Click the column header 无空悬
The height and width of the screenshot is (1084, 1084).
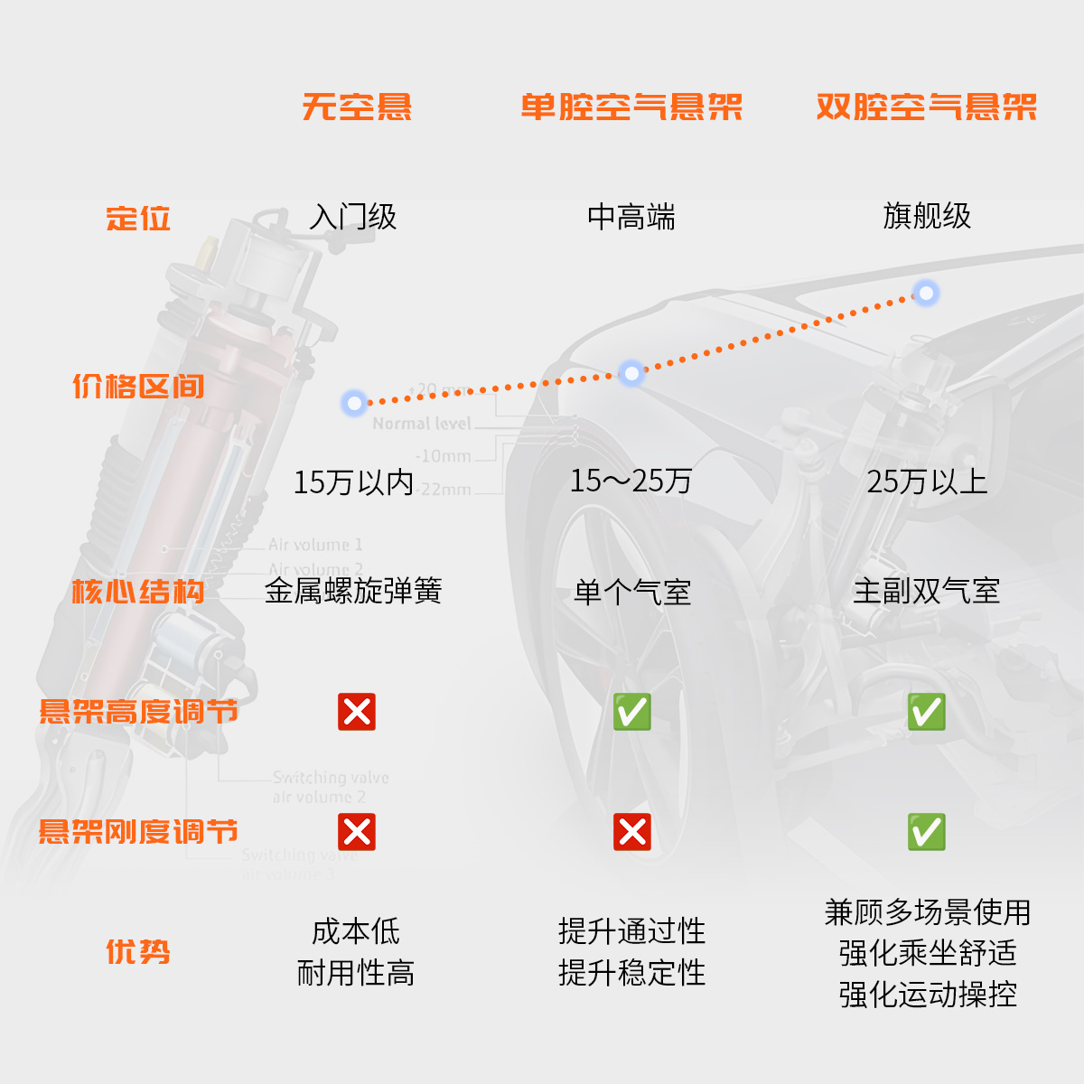click(357, 107)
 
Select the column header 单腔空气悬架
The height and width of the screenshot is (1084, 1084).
click(631, 107)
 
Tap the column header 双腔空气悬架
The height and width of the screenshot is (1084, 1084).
click(926, 107)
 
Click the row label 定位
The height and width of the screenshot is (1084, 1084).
click(138, 219)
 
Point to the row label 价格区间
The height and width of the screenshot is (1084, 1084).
click(138, 387)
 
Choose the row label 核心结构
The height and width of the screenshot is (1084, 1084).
click(138, 592)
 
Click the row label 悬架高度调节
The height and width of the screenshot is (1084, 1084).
click(138, 712)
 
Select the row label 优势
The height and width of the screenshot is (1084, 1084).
click(138, 951)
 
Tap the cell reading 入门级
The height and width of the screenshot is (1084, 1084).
click(353, 217)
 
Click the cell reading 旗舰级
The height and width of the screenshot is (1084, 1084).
click(927, 217)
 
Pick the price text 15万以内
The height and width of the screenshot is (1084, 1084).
click(353, 482)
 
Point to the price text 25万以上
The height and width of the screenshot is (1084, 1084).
click(927, 481)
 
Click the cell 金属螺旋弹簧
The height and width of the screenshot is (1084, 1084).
click(353, 591)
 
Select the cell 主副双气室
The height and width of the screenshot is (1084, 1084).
click(927, 592)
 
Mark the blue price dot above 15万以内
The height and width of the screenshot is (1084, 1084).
click(354, 402)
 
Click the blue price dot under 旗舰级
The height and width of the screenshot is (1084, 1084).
click(926, 293)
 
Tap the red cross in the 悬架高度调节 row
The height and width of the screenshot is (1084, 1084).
click(357, 712)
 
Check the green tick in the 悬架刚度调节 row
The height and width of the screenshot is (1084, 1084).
click(927, 832)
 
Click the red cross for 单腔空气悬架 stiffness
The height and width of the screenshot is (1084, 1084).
click(632, 832)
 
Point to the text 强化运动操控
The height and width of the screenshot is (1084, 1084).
click(928, 995)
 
